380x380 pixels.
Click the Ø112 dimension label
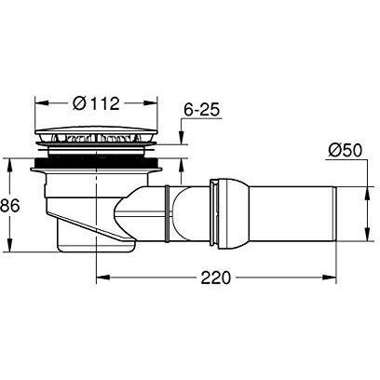[x=96, y=103]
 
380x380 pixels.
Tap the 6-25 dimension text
[x=201, y=110]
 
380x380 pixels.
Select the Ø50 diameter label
[x=346, y=151]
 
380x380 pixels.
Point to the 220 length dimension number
[x=216, y=278]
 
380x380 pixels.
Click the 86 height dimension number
[x=9, y=206]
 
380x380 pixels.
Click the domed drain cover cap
[x=97, y=129]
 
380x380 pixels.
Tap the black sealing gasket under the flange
[x=97, y=161]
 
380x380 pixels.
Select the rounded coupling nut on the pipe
[x=230, y=213]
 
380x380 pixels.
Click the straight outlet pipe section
[x=292, y=213]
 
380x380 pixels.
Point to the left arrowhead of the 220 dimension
[x=102, y=277]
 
